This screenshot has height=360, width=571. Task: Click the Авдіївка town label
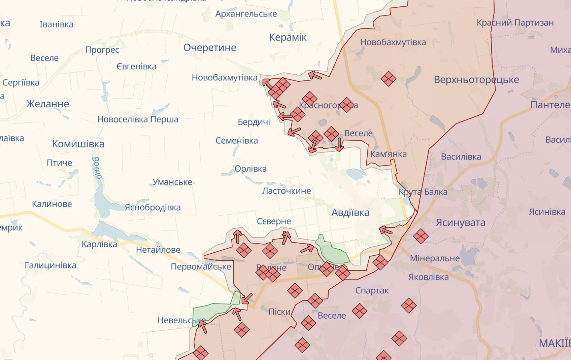(x=350, y=213)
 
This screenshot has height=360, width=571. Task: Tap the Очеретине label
(x=210, y=48)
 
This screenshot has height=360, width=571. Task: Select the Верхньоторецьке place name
(x=476, y=80)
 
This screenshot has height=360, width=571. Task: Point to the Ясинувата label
(x=460, y=223)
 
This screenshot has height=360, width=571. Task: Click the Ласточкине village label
(x=287, y=191)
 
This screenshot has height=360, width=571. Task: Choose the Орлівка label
(x=250, y=169)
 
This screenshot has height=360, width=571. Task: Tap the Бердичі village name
(x=254, y=122)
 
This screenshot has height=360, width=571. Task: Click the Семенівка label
(x=237, y=141)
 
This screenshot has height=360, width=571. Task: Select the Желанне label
(x=48, y=104)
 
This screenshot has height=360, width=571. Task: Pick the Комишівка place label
(x=78, y=144)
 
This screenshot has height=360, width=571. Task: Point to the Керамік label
(x=288, y=37)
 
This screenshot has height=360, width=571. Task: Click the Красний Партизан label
(x=515, y=23)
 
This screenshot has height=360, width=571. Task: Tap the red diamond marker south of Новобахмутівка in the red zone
(x=388, y=79)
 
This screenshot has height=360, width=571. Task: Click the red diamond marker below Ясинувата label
(x=421, y=236)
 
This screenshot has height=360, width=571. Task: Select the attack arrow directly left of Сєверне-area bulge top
(x=238, y=236)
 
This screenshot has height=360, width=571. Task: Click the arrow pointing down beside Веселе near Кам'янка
(x=339, y=145)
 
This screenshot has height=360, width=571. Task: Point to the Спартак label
(x=372, y=291)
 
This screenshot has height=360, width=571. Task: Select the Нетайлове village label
(x=158, y=250)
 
